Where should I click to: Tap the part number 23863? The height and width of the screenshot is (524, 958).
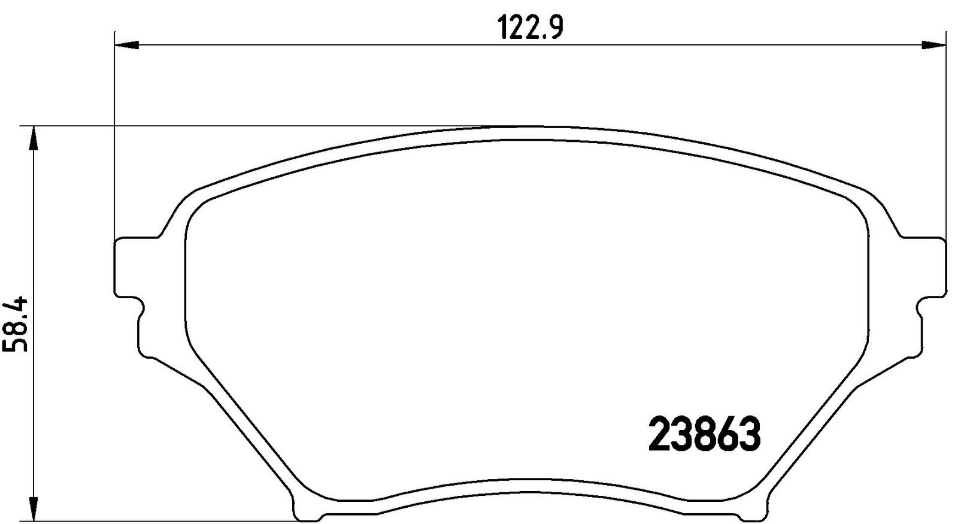click(704, 435)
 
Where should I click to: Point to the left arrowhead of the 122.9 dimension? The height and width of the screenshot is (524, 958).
click(127, 45)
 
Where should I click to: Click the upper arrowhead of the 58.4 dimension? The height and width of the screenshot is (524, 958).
click(34, 138)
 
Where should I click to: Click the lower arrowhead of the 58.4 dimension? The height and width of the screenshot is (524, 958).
click(34, 509)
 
